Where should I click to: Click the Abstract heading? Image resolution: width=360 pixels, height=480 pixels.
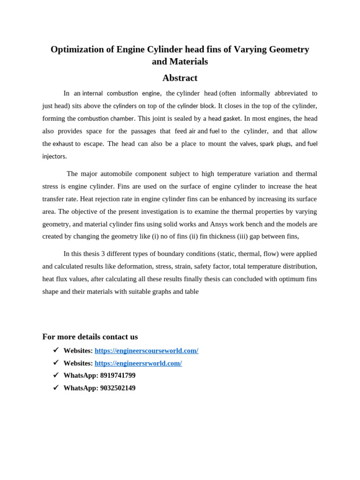[x=180, y=78]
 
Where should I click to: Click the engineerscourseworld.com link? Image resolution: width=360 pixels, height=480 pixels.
[x=146, y=351]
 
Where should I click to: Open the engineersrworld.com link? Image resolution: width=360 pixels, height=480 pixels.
[x=138, y=363]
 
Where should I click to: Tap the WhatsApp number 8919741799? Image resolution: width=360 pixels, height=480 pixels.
[x=118, y=375]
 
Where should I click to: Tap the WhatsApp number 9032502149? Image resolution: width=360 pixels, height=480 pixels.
[x=118, y=388]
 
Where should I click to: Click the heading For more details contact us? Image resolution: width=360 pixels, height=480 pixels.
[x=90, y=337]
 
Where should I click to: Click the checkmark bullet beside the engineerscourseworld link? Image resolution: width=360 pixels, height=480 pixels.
[x=56, y=350]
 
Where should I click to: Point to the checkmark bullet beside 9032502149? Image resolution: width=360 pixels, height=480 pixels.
[x=56, y=388]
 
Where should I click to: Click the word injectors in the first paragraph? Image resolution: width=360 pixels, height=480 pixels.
[x=54, y=157]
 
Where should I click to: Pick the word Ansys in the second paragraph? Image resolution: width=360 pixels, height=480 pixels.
[x=219, y=224]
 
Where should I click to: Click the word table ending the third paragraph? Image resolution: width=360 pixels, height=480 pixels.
[x=191, y=292]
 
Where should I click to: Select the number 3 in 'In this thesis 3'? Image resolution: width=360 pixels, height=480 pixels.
[x=103, y=254]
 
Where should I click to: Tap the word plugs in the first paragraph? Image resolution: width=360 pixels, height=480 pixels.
[x=284, y=144]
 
